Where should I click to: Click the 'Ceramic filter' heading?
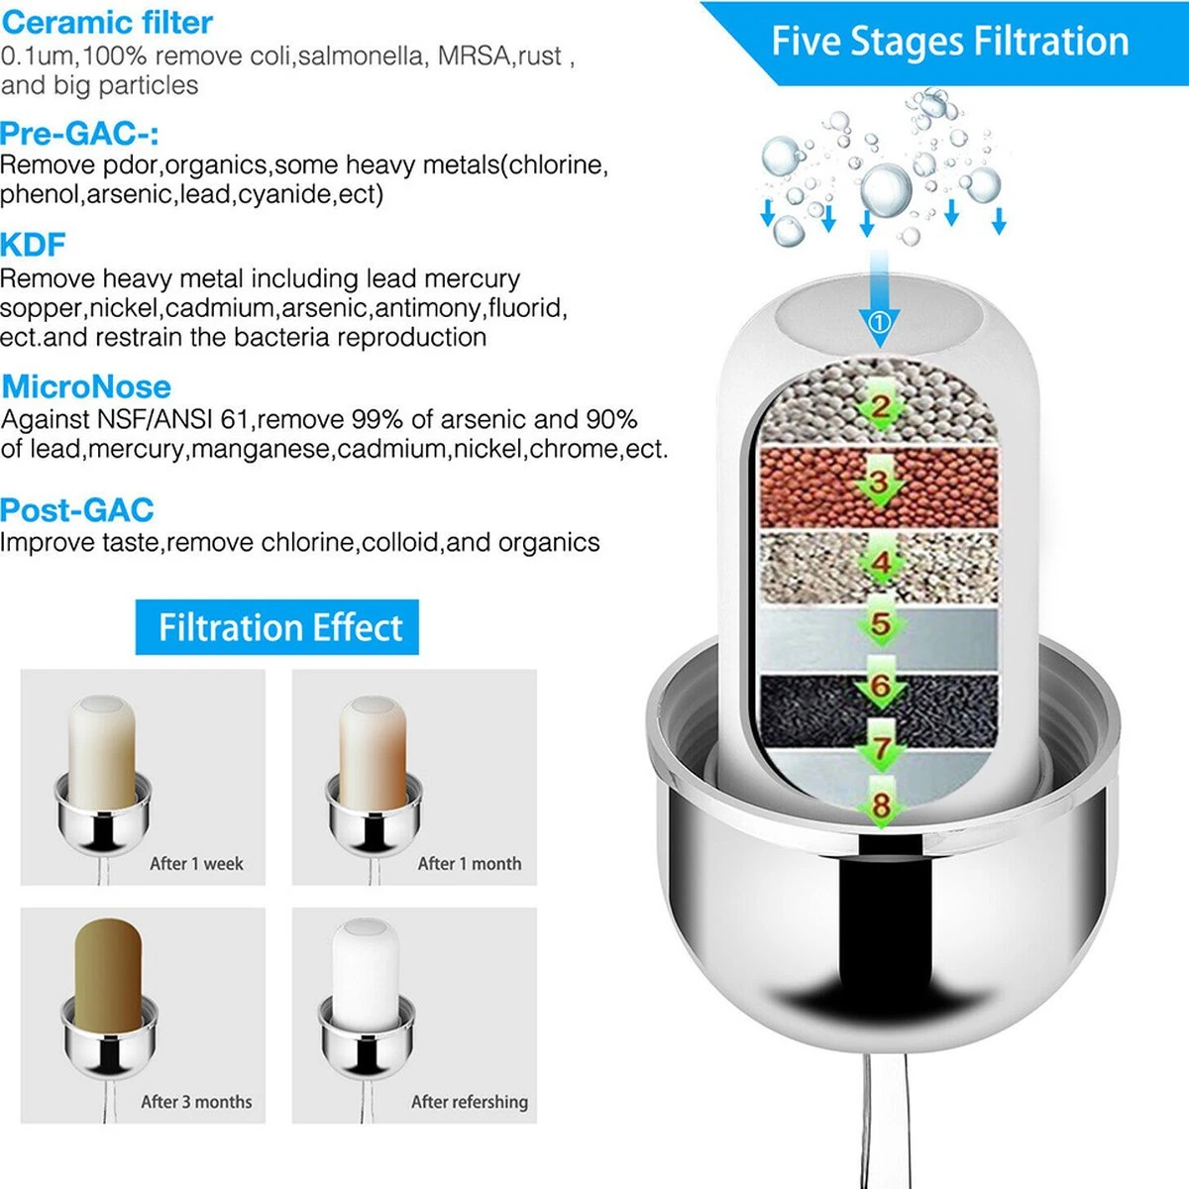click(107, 22)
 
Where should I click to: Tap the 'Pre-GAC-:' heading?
click(79, 134)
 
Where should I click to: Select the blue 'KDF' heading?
click(33, 245)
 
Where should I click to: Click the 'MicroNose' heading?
click(86, 386)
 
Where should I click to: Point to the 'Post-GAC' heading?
click(77, 510)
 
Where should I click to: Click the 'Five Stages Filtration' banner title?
click(949, 42)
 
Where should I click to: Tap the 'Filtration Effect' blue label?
click(278, 627)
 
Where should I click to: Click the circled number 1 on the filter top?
click(879, 322)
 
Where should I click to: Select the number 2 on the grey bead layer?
click(880, 406)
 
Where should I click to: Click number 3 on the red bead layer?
click(880, 484)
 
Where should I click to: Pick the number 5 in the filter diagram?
click(880, 624)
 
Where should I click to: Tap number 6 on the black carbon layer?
click(880, 686)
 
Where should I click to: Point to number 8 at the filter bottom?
click(880, 805)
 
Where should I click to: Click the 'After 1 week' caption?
click(196, 864)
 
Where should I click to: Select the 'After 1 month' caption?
click(469, 864)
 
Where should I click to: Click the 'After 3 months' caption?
click(196, 1102)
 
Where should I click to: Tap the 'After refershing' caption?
click(469, 1102)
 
